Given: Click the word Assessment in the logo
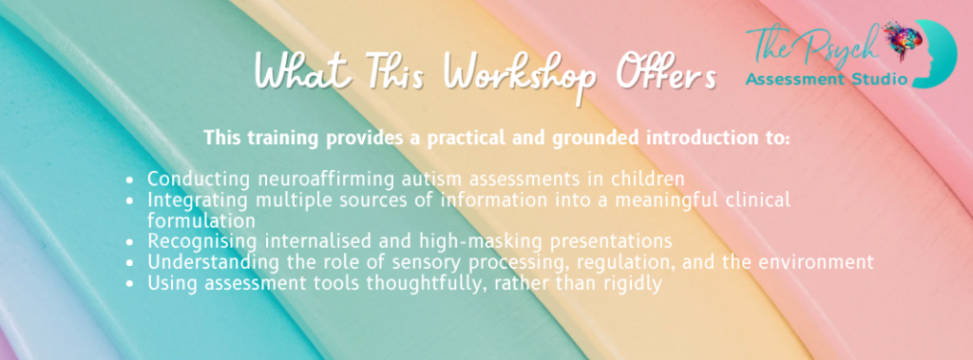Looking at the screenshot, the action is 795,80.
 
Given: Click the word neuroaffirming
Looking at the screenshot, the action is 325,180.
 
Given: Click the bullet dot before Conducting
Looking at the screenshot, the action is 129,180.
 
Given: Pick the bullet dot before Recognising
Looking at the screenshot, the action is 129,242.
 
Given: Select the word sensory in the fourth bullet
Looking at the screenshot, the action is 429,262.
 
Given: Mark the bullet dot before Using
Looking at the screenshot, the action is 129,283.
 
